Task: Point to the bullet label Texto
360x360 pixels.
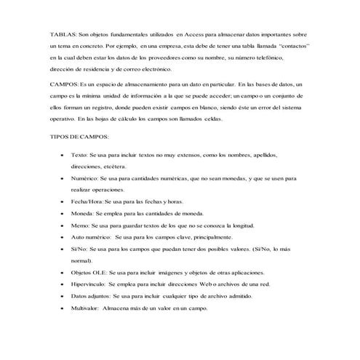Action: [79, 155]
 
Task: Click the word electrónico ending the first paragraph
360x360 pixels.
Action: [153, 69]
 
